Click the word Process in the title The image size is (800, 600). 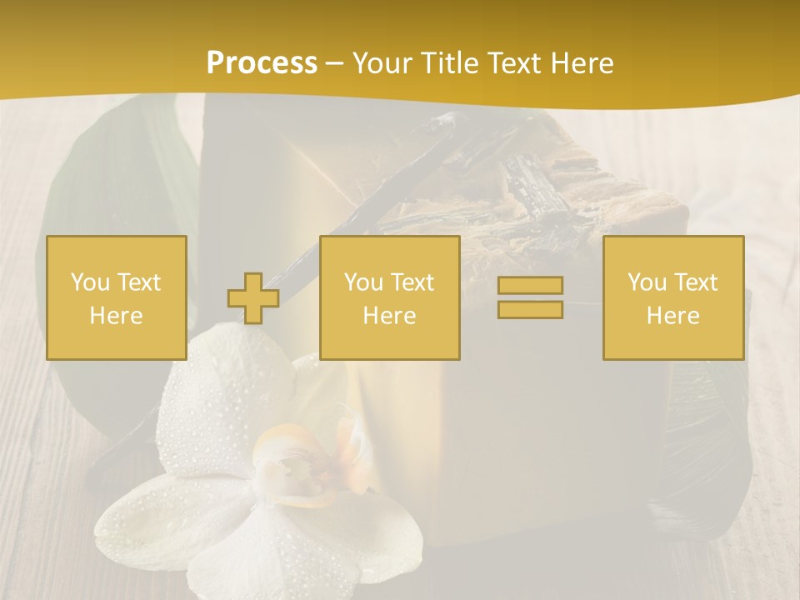coord(262,63)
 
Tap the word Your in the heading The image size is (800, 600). coord(382,63)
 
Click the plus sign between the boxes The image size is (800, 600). coord(253,298)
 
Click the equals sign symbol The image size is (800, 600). coord(530,297)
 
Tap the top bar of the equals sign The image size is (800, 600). coord(530,286)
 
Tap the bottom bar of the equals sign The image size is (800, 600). coord(530,309)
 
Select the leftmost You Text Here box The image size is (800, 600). coord(116,297)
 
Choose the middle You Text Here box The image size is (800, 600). coord(389,297)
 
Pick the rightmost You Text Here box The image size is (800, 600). coord(672,297)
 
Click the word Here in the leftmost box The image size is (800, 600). coord(116,316)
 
